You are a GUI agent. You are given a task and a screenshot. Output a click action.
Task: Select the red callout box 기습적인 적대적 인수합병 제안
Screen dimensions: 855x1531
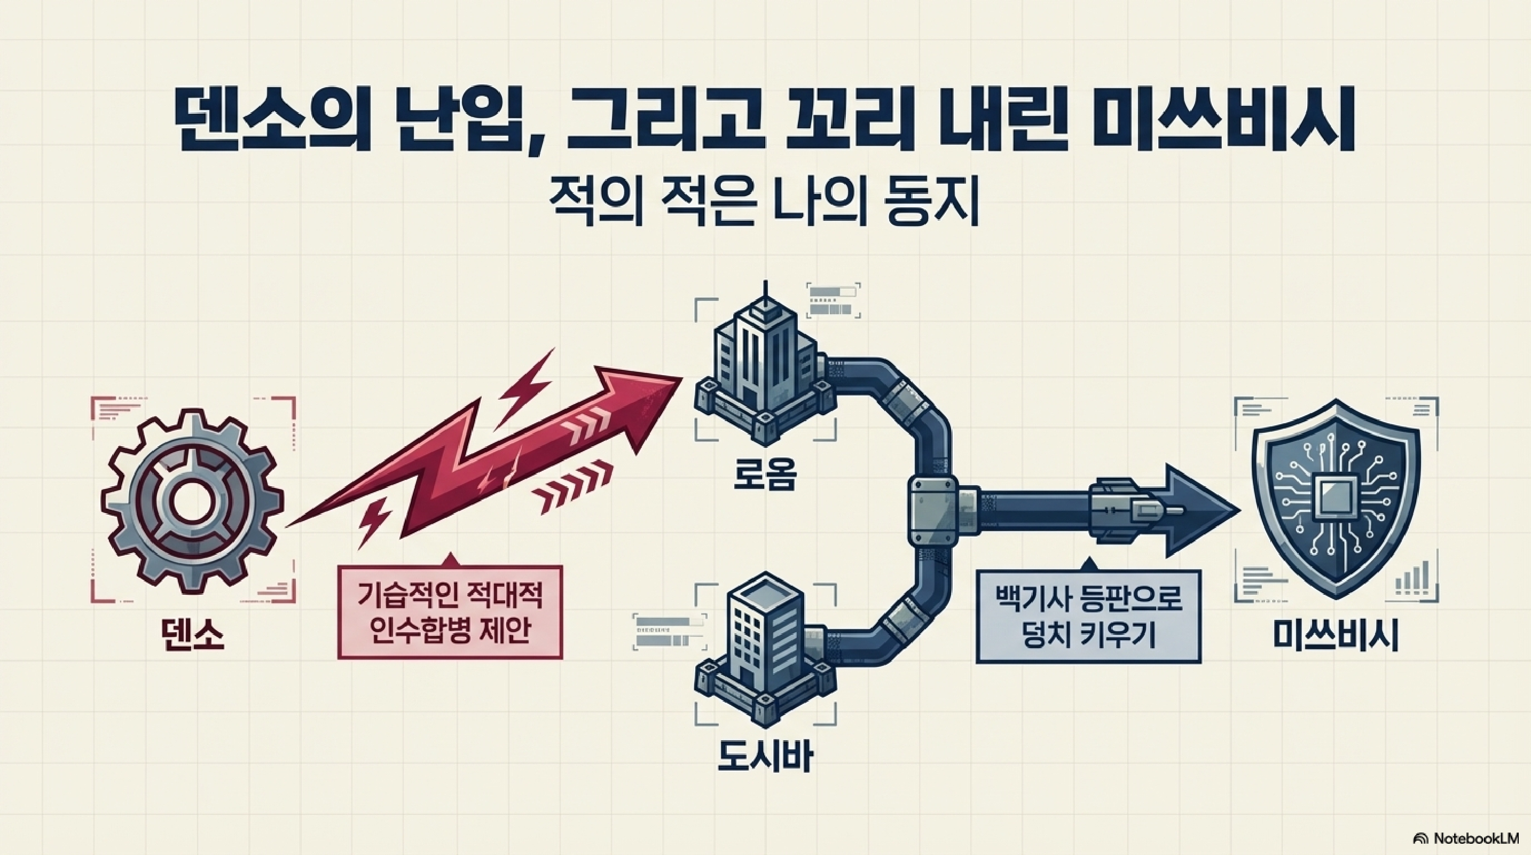pos(450,612)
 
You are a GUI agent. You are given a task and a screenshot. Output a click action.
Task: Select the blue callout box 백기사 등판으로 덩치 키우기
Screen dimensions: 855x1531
pos(1088,617)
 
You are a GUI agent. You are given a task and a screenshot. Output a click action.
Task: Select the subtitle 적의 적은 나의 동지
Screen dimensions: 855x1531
pos(765,206)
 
